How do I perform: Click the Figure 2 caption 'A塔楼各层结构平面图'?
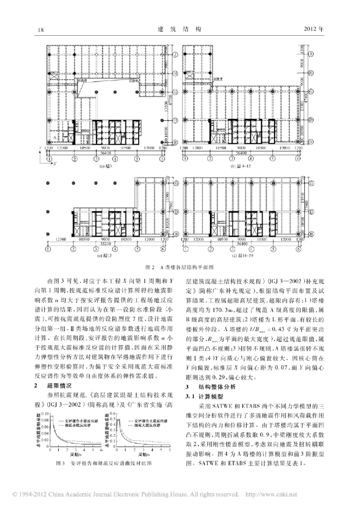[x=180, y=266]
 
